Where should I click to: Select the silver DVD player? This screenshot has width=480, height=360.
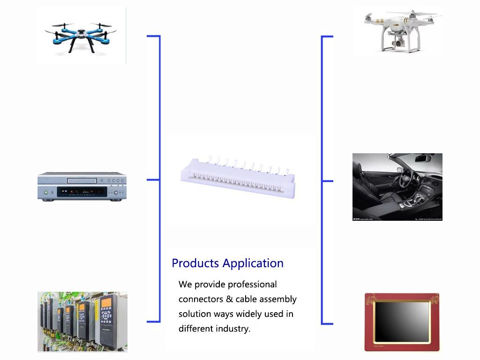82,187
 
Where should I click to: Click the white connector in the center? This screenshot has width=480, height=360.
238,177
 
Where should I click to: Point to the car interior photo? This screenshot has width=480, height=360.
397,187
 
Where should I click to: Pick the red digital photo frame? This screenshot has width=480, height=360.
402,322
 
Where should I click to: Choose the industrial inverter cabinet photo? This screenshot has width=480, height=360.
82,322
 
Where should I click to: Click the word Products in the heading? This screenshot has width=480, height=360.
195,263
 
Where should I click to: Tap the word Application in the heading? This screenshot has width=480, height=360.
253,263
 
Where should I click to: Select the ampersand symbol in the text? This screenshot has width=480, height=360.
229,299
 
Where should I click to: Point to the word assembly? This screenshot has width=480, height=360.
278,300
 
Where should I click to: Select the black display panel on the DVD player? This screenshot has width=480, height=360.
82,192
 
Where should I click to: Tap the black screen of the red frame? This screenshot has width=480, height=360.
402,322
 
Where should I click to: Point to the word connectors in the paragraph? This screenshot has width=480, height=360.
201,299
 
